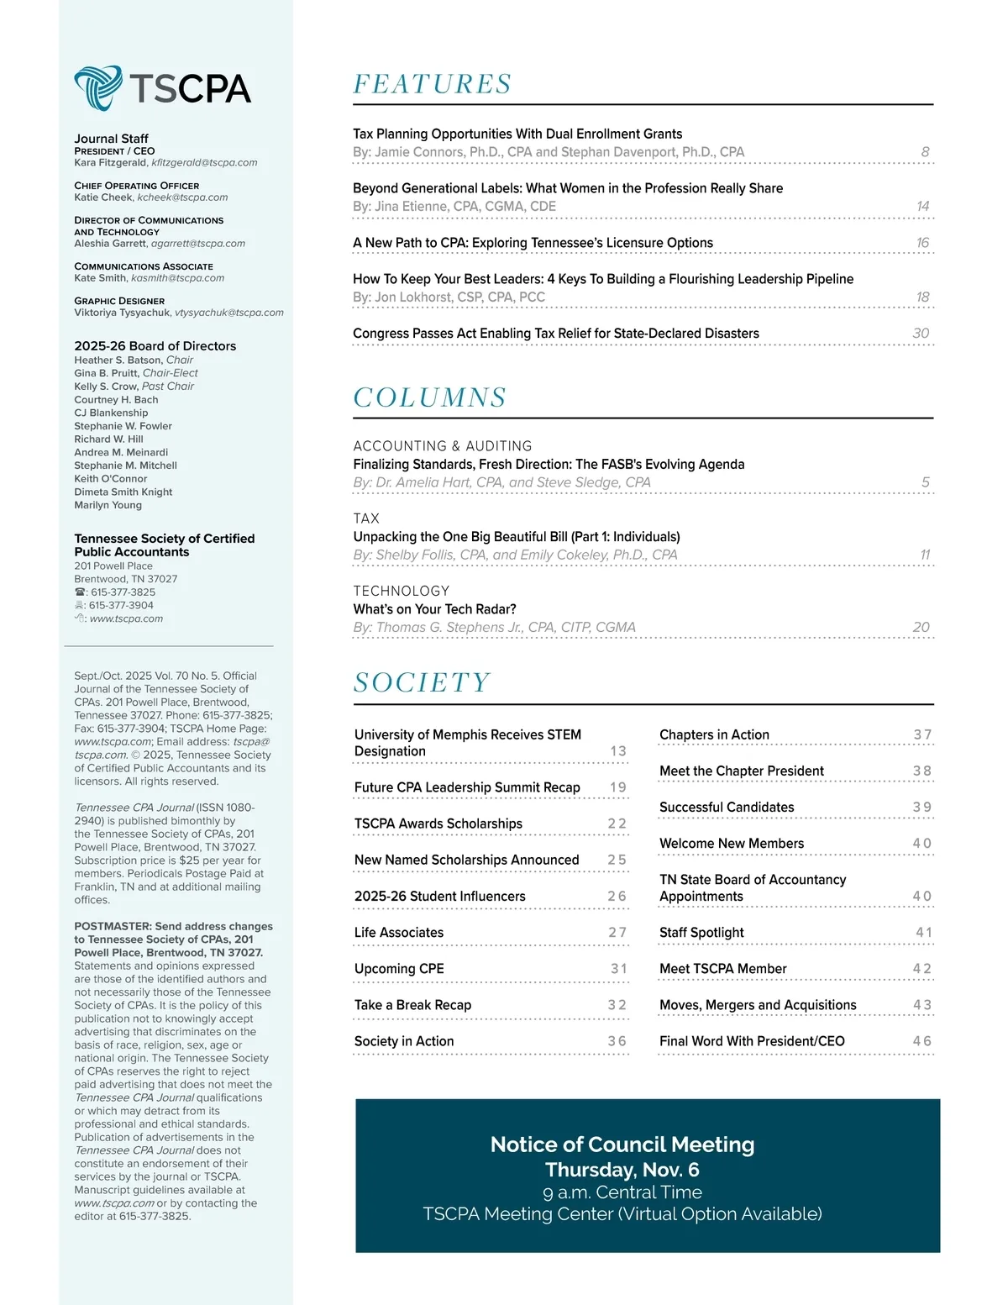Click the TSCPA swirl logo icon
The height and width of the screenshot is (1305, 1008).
coord(98,87)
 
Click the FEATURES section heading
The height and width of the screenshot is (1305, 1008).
coord(432,84)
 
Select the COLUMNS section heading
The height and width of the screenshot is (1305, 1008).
coord(429,397)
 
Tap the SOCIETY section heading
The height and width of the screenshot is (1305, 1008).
coord(422,682)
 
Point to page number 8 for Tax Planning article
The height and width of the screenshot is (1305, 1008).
coord(925,152)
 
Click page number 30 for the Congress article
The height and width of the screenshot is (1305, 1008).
coord(921,334)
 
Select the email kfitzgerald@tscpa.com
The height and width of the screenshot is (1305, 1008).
coord(204,163)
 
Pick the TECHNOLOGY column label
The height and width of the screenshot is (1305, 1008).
coord(401,591)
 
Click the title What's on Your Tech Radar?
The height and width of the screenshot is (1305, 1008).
coord(434,609)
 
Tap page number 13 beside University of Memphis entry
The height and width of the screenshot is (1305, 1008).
coord(618,751)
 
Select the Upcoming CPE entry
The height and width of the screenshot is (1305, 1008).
coord(399,969)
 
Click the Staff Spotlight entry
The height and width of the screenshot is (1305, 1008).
coord(701,933)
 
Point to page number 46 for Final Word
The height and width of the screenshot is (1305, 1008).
coord(922,1041)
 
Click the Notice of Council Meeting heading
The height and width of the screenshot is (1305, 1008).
coord(622,1145)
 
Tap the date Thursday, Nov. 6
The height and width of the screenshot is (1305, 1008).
coord(622,1170)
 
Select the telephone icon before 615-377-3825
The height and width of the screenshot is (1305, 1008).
coord(80,592)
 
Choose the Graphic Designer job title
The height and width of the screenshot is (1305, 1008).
coord(119,301)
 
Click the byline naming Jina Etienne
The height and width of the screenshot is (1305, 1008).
coord(454,207)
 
